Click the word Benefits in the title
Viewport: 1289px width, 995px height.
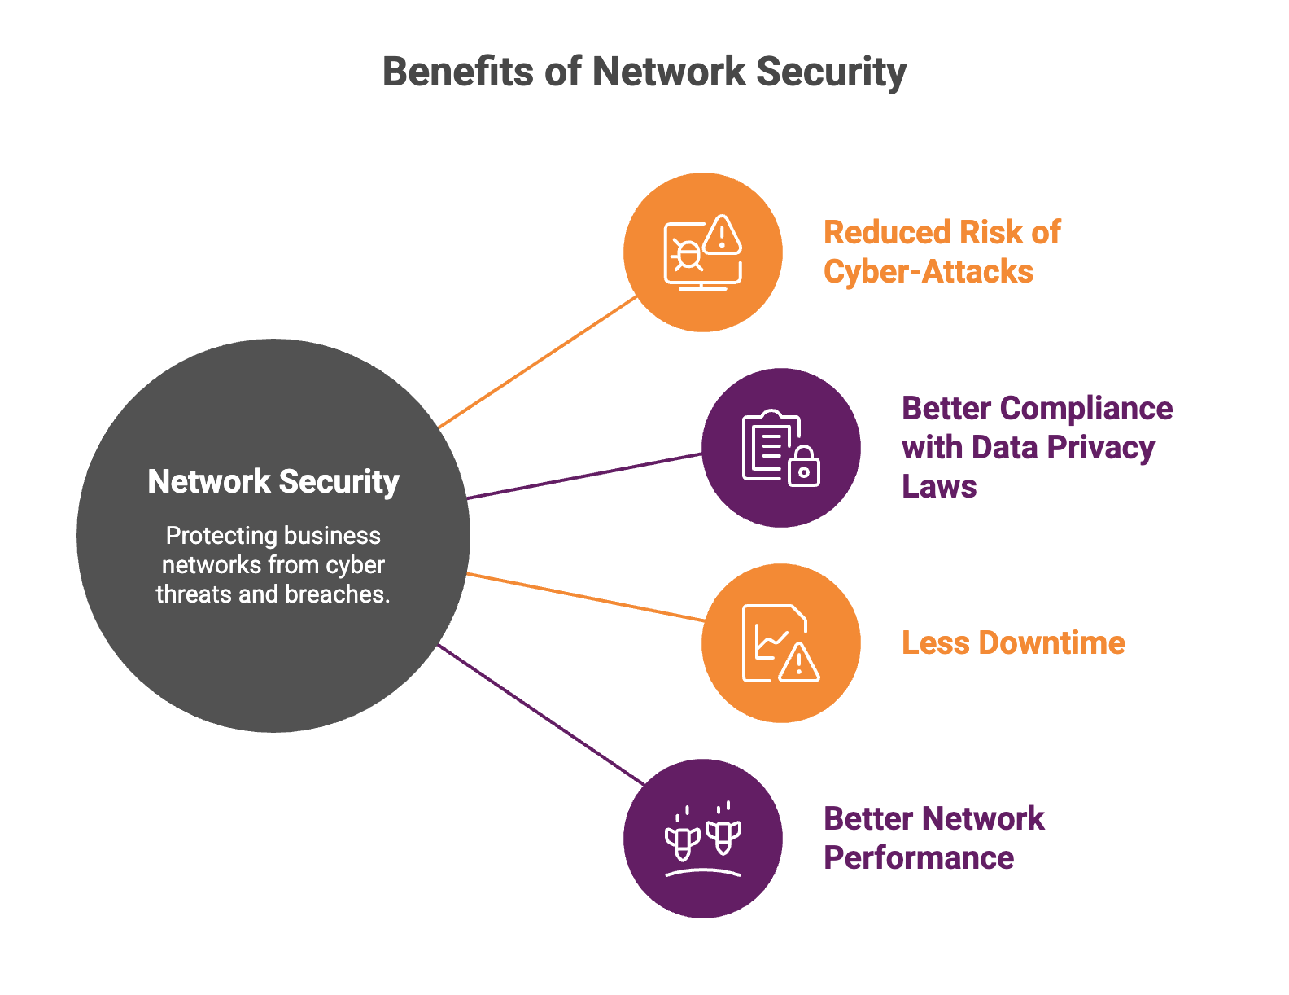(x=458, y=72)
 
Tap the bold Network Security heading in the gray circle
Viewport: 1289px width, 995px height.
(x=273, y=481)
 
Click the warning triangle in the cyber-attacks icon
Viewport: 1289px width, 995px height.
(x=721, y=235)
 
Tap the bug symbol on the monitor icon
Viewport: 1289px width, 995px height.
(x=688, y=255)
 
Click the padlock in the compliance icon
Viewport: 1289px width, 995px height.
(x=804, y=467)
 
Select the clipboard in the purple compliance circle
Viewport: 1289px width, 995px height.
(x=771, y=445)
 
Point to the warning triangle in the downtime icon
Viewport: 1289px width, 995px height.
(x=798, y=663)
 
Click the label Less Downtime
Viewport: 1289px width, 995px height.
(x=1013, y=642)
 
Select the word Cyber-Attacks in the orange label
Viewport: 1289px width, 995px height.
(x=929, y=272)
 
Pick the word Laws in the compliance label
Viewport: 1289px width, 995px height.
(x=939, y=487)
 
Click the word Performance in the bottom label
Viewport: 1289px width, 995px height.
(x=919, y=858)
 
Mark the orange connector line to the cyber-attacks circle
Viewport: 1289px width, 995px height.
(x=537, y=362)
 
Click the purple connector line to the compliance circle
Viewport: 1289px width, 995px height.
(x=584, y=476)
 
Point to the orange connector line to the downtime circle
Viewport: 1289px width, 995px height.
(x=585, y=597)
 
